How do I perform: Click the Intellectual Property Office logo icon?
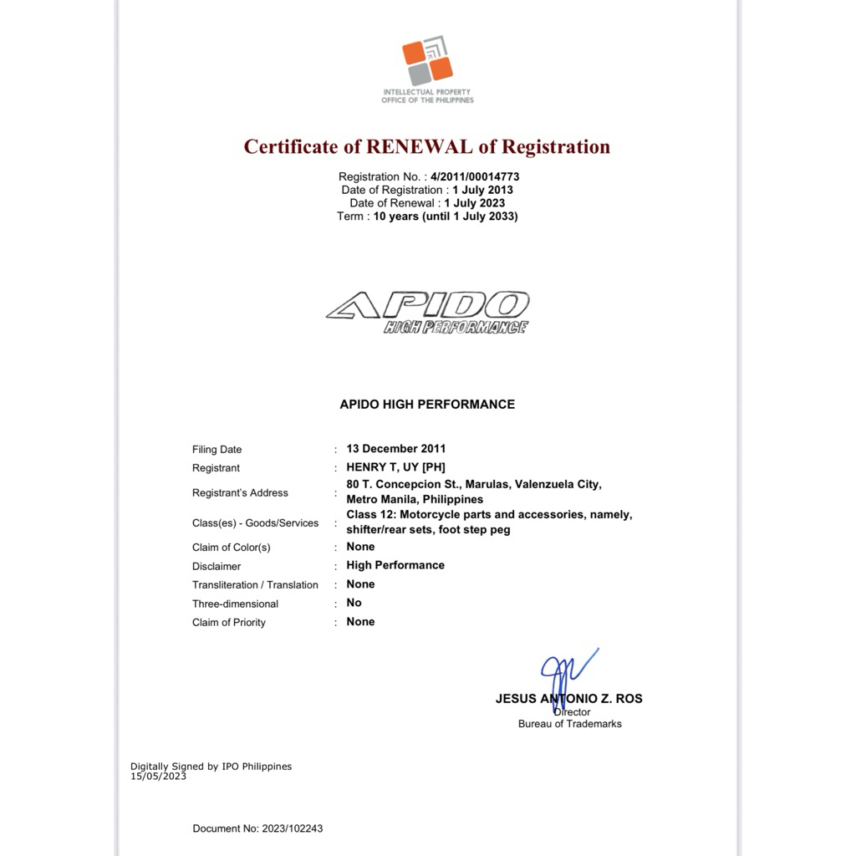pyautogui.click(x=427, y=61)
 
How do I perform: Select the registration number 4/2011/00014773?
pyautogui.click(x=475, y=176)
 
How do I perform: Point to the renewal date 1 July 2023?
pyautogui.click(x=474, y=203)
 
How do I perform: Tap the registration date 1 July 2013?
pyautogui.click(x=482, y=190)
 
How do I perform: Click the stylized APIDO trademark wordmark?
pyautogui.click(x=428, y=307)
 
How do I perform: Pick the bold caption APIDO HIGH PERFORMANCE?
pyautogui.click(x=427, y=405)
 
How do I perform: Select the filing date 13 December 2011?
pyautogui.click(x=396, y=449)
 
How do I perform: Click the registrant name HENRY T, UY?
pyautogui.click(x=383, y=467)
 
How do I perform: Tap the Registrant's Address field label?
pyautogui.click(x=240, y=493)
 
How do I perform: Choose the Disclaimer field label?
pyautogui.click(x=217, y=566)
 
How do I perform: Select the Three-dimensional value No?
pyautogui.click(x=354, y=603)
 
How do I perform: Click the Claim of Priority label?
pyautogui.click(x=229, y=622)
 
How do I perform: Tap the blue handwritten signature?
pyautogui.click(x=564, y=673)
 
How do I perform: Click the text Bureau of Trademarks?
pyautogui.click(x=570, y=724)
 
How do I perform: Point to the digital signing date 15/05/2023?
pyautogui.click(x=158, y=777)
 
